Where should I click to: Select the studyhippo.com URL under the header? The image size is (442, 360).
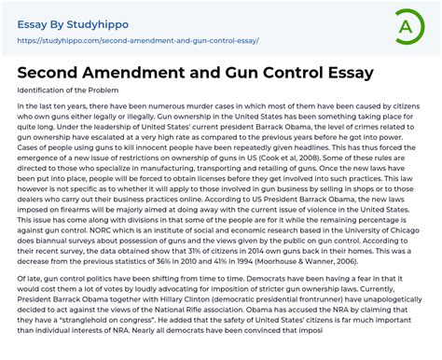click(x=138, y=41)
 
